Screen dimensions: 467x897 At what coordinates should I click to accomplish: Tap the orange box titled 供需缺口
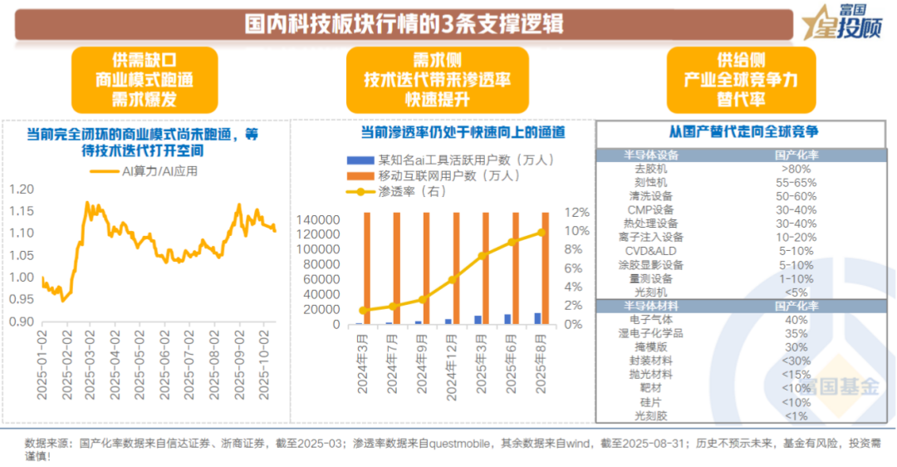click(145, 80)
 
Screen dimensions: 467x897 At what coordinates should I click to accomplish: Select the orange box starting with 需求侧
click(438, 80)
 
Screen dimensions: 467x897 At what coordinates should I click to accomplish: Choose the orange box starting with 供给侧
click(740, 80)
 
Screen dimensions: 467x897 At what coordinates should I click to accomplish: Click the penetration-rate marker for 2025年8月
click(541, 233)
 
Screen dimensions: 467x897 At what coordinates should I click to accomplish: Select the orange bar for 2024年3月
click(365, 268)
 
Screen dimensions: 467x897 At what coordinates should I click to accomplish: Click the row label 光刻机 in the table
click(651, 292)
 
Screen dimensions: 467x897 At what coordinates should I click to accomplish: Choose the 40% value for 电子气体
click(797, 320)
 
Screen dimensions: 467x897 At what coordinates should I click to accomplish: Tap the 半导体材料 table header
click(651, 306)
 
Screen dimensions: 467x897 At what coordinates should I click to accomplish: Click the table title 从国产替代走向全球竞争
click(744, 131)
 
